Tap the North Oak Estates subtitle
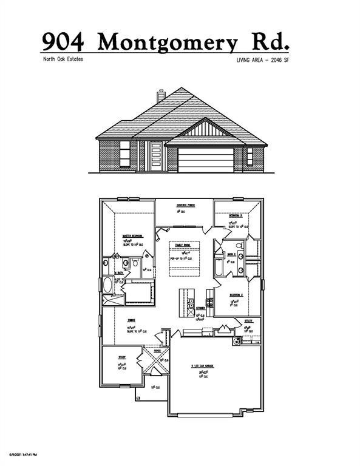[63, 59]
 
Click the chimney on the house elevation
[161, 96]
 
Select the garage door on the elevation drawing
[206, 160]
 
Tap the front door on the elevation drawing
[156, 157]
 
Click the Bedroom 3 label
[236, 215]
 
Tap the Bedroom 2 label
[236, 294]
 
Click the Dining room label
[131, 320]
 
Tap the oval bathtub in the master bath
[108, 284]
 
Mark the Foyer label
[157, 350]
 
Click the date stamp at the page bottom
[23, 454]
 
